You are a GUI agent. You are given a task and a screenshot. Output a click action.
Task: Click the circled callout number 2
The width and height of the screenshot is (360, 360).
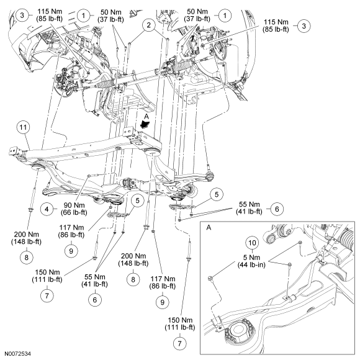tap(149, 25)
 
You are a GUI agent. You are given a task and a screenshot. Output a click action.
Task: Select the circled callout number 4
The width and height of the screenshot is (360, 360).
tap(47, 209)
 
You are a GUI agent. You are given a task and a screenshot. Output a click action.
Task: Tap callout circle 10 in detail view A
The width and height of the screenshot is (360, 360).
tap(252, 243)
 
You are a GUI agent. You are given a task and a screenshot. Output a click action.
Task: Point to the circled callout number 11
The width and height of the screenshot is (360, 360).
tap(23, 127)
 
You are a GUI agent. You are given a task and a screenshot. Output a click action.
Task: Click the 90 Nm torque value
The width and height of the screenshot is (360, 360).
tap(74, 205)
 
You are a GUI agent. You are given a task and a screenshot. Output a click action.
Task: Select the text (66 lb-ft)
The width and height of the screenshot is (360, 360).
tap(74, 212)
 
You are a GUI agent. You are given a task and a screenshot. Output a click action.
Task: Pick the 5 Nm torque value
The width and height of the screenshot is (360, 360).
tap(251, 258)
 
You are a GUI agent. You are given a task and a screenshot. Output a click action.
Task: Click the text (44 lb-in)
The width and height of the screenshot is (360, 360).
tap(251, 265)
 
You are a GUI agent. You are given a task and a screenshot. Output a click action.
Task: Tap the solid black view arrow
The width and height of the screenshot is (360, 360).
tap(145, 124)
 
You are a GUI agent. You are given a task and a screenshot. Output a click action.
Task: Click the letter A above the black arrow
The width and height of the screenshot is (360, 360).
tap(146, 117)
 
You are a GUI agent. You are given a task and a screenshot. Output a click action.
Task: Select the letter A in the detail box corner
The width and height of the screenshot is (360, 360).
tap(209, 228)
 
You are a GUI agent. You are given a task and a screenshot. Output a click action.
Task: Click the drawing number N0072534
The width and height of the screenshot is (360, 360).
tap(18, 354)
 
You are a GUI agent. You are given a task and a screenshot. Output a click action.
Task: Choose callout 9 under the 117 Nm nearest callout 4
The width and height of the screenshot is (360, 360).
tap(71, 251)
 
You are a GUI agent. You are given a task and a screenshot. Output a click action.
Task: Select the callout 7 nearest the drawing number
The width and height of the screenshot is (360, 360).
tap(47, 295)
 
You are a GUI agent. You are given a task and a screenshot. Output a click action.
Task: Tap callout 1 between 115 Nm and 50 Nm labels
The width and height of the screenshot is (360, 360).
tap(83, 16)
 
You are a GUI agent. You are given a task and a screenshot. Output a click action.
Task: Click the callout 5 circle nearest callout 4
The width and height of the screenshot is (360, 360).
tap(137, 200)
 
